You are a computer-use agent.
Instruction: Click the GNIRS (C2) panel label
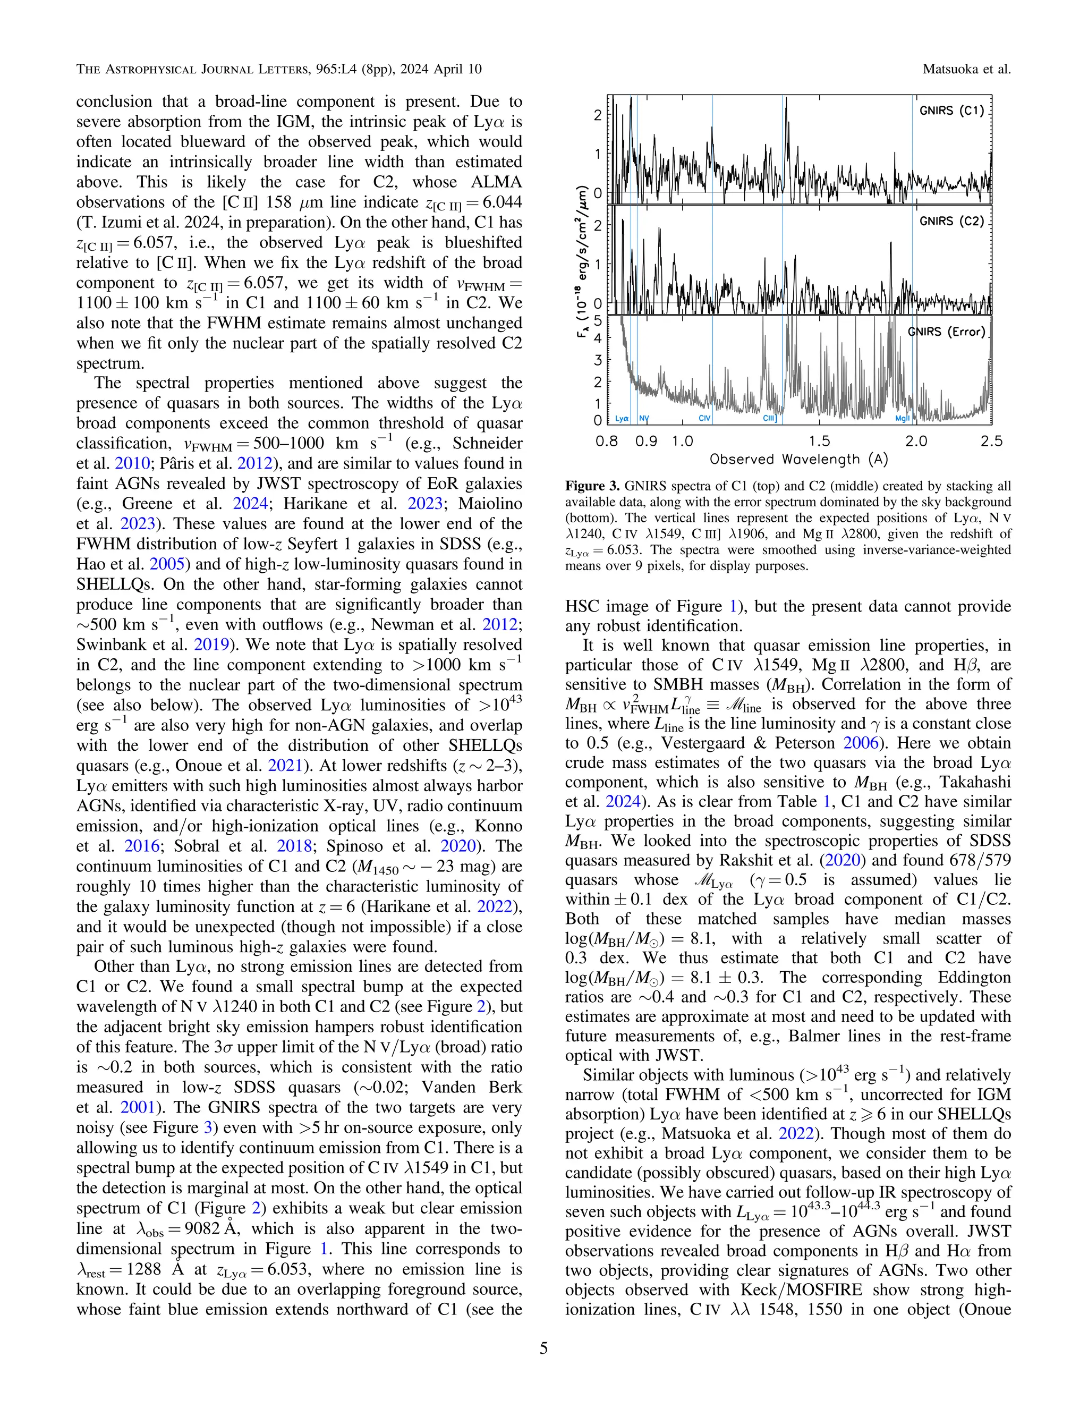[x=951, y=221]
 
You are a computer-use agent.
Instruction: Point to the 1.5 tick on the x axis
[x=819, y=442]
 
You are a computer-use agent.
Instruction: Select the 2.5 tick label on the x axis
[x=991, y=442]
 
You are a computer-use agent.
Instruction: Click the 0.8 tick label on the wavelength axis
[x=607, y=442]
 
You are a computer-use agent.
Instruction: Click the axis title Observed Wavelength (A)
[x=798, y=460]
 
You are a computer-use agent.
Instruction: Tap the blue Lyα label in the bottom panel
[x=622, y=418]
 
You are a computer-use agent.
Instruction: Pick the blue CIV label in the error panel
[x=704, y=418]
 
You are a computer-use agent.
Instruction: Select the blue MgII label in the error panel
[x=903, y=418]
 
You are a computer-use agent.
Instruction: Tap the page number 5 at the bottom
[x=543, y=1348]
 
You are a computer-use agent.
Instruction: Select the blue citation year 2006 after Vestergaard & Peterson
[x=861, y=743]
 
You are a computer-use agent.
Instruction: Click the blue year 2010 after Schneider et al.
[x=126, y=463]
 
